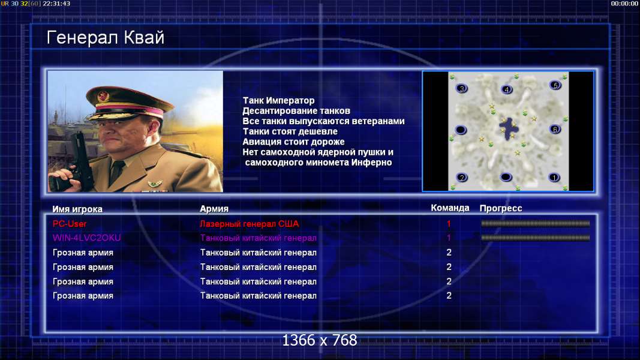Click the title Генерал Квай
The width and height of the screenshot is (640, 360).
point(106,38)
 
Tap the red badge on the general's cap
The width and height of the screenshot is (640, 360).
point(103,97)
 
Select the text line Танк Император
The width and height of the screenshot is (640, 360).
point(278,100)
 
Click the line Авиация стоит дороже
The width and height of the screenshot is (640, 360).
point(293,142)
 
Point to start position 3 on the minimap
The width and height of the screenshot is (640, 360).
point(462,88)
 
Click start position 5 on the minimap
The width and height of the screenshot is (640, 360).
point(555,85)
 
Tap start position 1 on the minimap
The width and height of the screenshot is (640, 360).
point(554,178)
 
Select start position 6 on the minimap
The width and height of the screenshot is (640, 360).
point(555,130)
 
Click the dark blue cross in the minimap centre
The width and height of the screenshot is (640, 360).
point(509,129)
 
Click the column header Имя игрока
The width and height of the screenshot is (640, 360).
point(77,209)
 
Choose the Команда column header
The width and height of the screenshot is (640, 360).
point(450,208)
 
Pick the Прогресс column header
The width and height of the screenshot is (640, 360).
point(501,208)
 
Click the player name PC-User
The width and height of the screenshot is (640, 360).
point(70,224)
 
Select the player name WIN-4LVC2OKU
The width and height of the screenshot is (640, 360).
point(86,238)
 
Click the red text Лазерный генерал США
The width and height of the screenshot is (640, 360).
point(249,224)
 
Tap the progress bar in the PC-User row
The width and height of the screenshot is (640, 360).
point(535,223)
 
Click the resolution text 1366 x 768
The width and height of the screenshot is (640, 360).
point(320,340)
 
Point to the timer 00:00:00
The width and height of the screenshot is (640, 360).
point(624,4)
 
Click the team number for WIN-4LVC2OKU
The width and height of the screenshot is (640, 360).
point(449,238)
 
